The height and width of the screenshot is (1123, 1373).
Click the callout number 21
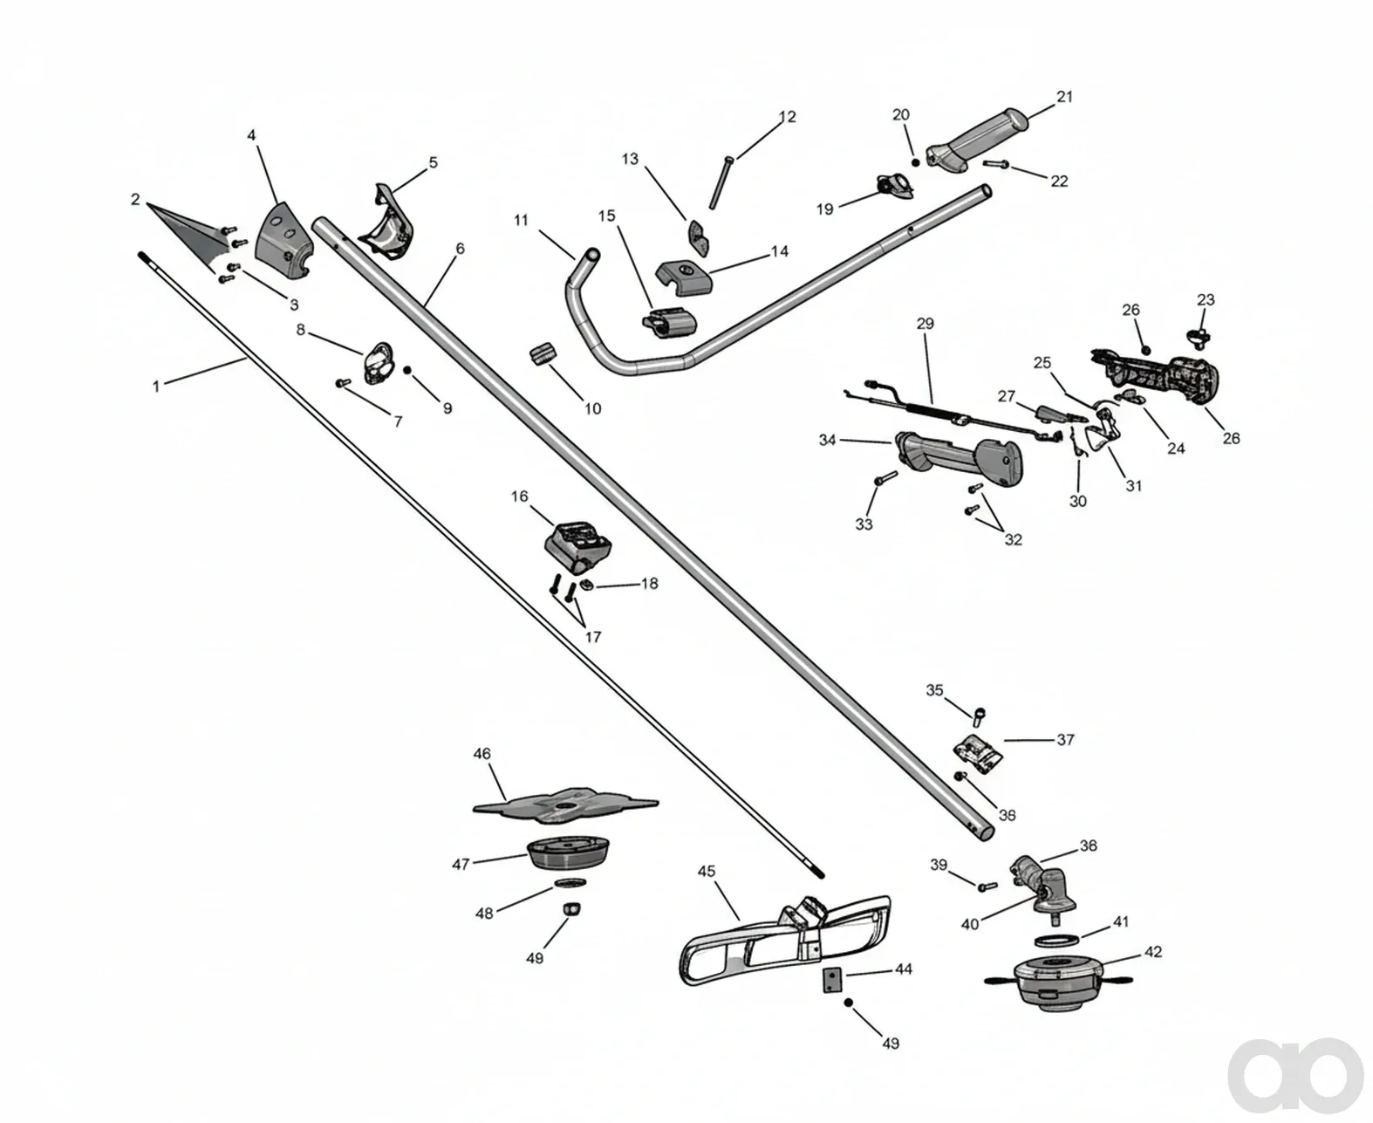point(1063,96)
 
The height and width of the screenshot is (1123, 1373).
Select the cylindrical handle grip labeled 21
point(976,141)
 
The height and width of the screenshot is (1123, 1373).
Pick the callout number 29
point(926,324)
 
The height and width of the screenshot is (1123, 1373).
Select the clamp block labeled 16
point(577,547)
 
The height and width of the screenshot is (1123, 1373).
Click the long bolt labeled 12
point(720,183)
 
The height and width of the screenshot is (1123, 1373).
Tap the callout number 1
point(155,387)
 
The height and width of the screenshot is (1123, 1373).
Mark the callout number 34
point(827,441)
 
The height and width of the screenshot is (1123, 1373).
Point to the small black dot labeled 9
point(407,370)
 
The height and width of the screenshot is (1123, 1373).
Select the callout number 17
point(592,636)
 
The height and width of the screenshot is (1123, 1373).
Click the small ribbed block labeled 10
point(545,356)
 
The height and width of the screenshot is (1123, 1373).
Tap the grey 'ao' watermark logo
point(1294,1074)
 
